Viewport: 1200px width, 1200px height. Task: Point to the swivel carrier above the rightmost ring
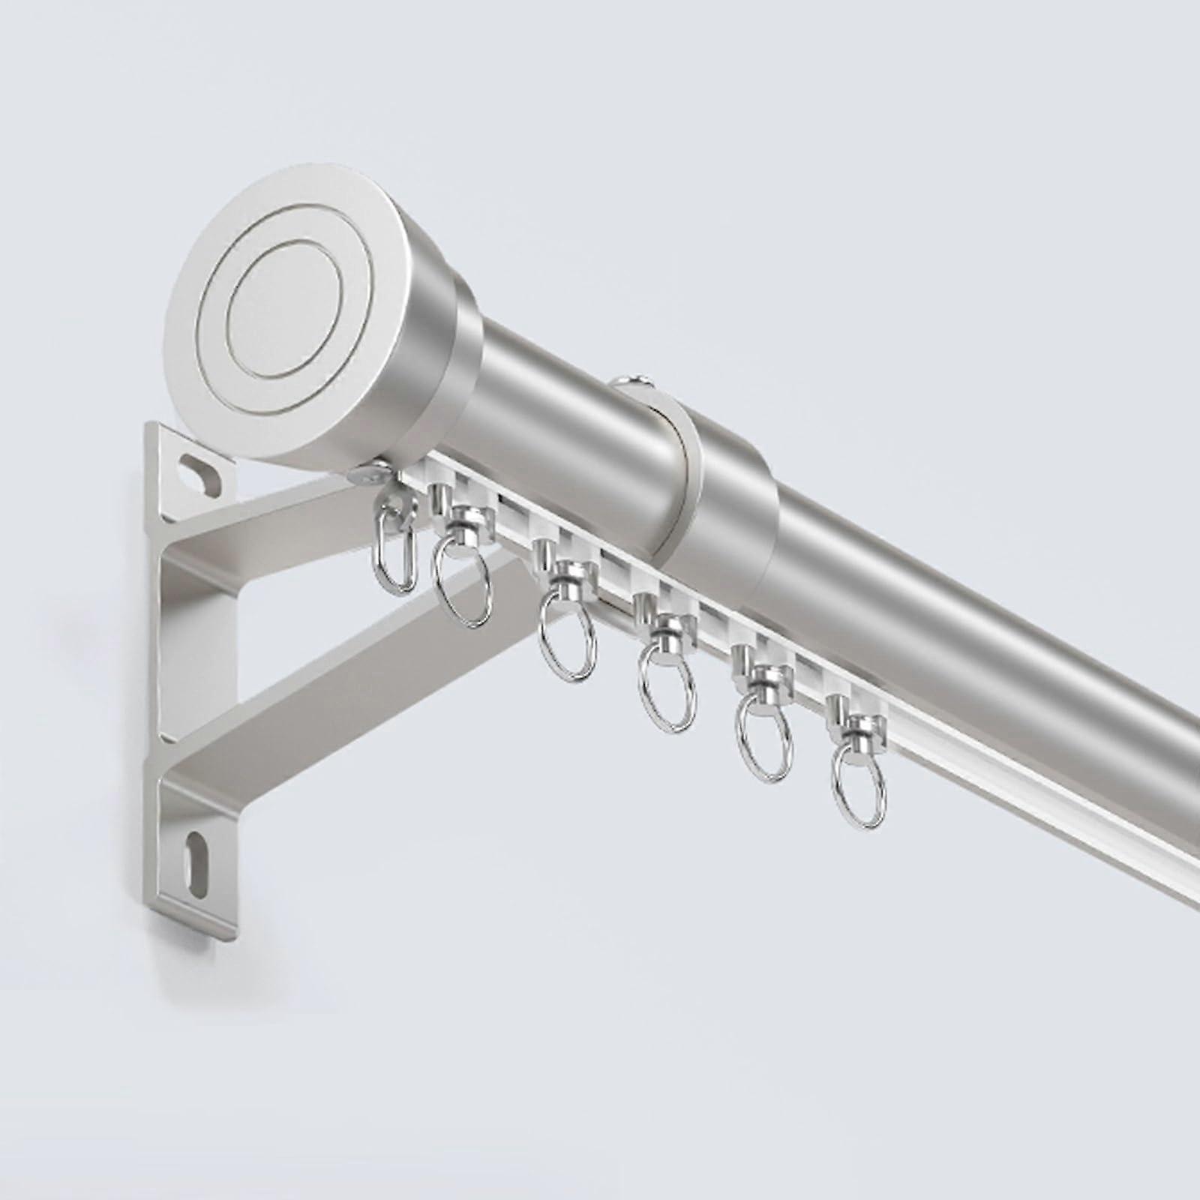(857, 725)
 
